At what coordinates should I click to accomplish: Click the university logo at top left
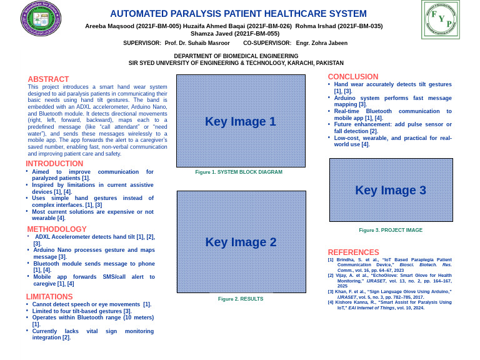(x=41, y=19)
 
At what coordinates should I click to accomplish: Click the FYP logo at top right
(x=441, y=19)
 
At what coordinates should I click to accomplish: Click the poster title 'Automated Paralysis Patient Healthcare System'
(x=238, y=14)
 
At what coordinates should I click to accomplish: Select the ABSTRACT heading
(x=48, y=79)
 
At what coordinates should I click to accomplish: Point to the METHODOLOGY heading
(x=57, y=229)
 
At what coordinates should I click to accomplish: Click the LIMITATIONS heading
(x=49, y=297)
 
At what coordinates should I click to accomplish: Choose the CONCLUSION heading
(x=353, y=77)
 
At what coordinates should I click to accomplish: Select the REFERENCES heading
(x=353, y=252)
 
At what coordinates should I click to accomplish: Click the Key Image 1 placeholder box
(x=241, y=121)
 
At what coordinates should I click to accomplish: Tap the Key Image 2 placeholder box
(x=241, y=242)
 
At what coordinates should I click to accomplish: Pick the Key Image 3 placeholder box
(x=391, y=190)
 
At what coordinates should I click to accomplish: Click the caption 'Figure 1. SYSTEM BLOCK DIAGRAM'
(x=239, y=172)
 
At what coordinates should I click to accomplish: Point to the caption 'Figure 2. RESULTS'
(x=241, y=299)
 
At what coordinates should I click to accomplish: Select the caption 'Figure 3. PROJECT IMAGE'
(x=391, y=230)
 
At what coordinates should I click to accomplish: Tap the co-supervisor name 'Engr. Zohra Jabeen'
(x=321, y=43)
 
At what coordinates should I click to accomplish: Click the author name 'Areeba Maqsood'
(x=109, y=26)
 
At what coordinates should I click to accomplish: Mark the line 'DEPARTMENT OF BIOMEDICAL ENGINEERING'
(x=236, y=56)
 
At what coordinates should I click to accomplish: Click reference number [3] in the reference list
(x=331, y=292)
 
